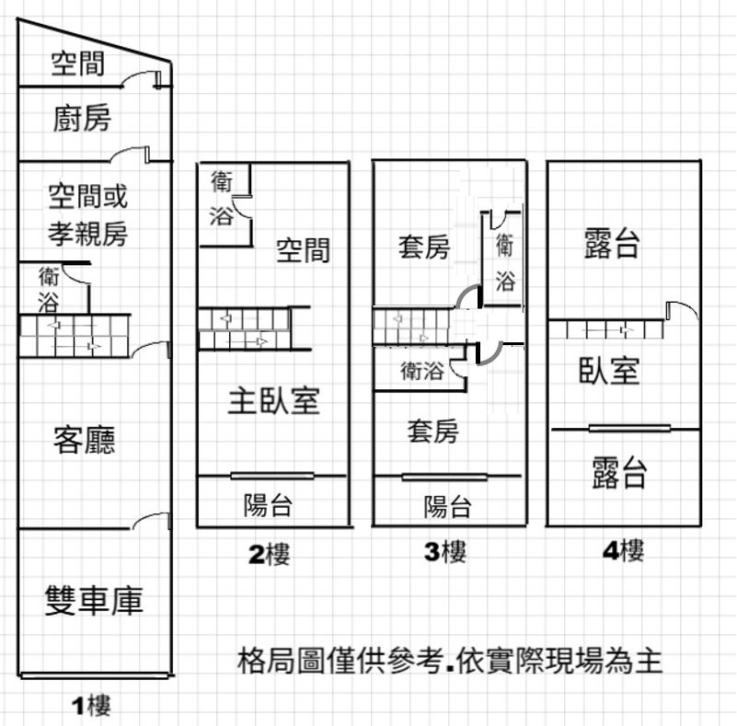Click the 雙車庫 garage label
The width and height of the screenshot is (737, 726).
pyautogui.click(x=94, y=601)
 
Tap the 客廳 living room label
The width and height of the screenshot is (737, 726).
pyautogui.click(x=85, y=440)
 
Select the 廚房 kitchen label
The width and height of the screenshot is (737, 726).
pyautogui.click(x=82, y=118)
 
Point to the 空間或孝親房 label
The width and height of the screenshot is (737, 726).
pyautogui.click(x=88, y=214)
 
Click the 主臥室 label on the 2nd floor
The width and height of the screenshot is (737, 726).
pyautogui.click(x=274, y=400)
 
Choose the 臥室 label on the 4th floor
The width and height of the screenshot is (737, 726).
pyautogui.click(x=609, y=370)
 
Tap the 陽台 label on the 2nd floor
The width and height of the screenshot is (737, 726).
pyautogui.click(x=268, y=505)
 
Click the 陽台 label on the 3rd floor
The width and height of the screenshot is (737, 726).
pyautogui.click(x=447, y=507)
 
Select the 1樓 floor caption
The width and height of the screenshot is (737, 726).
pyautogui.click(x=91, y=705)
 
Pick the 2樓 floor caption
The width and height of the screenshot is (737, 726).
pyautogui.click(x=270, y=554)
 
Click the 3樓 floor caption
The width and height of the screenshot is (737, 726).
pyautogui.click(x=445, y=551)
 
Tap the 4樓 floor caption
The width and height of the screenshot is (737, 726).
pyautogui.click(x=623, y=549)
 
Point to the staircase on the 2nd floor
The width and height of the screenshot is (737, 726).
pyautogui.click(x=244, y=328)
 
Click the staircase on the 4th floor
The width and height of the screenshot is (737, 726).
pyautogui.click(x=606, y=328)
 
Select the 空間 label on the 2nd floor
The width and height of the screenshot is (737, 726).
pyautogui.click(x=303, y=249)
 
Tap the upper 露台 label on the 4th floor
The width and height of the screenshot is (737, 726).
pyautogui.click(x=612, y=243)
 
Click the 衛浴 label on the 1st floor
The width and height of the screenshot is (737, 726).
pyautogui.click(x=49, y=290)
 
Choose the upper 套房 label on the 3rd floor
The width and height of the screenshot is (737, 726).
pyautogui.click(x=424, y=247)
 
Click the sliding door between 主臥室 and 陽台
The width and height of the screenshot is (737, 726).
pyautogui.click(x=272, y=476)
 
